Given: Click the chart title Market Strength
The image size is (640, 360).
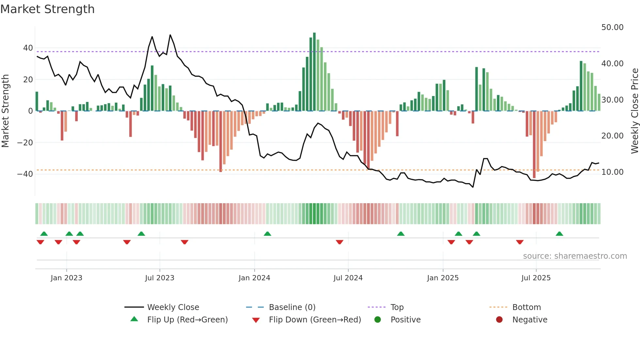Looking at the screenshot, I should pos(47,9).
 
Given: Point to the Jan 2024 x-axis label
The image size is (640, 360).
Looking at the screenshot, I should pos(254,278).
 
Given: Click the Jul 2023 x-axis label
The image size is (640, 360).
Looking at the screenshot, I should pos(160,278).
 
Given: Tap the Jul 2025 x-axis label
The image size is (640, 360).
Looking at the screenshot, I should pos(536,278).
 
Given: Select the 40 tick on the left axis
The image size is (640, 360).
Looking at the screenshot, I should pos(28,48).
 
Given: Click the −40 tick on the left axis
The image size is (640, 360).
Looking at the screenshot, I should pos(25,174).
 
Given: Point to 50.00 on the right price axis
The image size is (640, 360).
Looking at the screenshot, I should pos(612,27).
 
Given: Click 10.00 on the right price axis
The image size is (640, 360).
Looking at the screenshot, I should pos(612,172).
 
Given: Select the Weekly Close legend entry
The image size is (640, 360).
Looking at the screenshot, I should pos(173,307).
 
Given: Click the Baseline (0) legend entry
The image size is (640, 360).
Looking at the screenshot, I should pos(292,307).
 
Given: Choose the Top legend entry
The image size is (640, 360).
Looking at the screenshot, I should pos(397,307).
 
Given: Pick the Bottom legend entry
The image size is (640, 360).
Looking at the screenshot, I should pos(526,307).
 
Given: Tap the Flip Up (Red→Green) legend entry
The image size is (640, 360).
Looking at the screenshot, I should pos(187,320).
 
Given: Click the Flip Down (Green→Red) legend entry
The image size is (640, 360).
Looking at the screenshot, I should pos(315,320).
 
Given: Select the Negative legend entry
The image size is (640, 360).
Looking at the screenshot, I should pos(529,320).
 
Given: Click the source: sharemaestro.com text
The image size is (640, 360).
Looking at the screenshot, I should pos(575,256).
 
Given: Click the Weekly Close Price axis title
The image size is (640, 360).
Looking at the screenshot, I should pos(634,111).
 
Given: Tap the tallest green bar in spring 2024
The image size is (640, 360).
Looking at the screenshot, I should pos(314,72).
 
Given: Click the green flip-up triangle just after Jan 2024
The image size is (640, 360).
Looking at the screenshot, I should pos(267,234).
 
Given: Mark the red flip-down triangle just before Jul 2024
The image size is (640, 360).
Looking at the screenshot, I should pos(340,242).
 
